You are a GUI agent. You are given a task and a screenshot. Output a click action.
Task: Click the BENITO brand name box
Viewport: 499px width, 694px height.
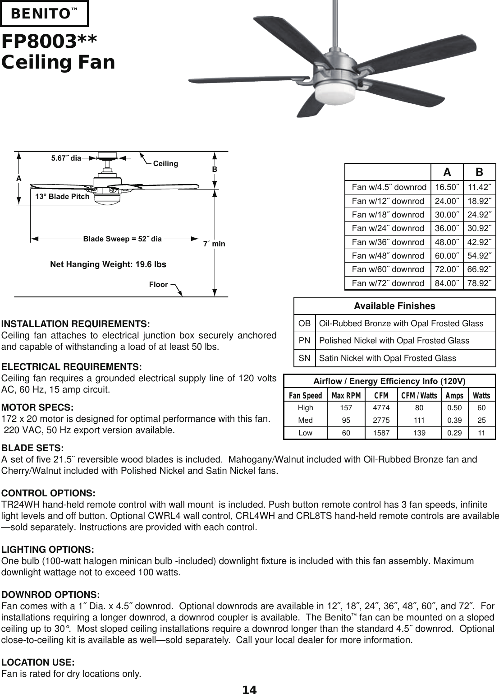[x=44, y=14]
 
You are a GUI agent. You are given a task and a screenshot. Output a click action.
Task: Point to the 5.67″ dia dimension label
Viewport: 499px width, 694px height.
[x=66, y=158]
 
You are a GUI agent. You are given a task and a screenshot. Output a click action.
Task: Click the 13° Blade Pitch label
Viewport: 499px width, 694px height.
[x=62, y=197]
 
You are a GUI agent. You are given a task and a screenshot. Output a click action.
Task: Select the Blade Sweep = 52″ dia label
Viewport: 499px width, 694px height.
[x=122, y=239]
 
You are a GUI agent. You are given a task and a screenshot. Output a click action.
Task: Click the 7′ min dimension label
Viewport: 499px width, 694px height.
[x=214, y=244]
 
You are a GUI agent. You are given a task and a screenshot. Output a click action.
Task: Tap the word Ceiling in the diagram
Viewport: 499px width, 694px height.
[x=165, y=163]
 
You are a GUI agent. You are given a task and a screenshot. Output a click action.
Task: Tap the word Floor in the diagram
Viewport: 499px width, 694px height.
[x=158, y=285]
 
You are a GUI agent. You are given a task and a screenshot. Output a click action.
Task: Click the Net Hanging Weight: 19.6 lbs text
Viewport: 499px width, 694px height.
[x=108, y=264]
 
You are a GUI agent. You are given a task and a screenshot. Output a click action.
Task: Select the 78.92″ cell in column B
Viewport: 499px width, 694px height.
[x=479, y=283]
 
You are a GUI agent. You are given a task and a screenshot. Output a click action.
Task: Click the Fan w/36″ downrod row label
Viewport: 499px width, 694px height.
[x=388, y=242]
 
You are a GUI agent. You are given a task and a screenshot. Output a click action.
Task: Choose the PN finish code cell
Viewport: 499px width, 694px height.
[x=304, y=341]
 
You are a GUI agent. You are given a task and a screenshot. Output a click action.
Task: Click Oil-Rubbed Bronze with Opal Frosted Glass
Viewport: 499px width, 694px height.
[x=401, y=324]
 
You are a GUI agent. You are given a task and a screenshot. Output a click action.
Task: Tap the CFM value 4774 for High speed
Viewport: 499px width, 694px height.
[x=381, y=408]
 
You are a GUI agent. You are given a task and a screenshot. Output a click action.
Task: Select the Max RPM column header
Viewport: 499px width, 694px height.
[x=346, y=396]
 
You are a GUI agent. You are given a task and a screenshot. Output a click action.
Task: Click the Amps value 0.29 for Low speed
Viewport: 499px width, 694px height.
[x=454, y=433]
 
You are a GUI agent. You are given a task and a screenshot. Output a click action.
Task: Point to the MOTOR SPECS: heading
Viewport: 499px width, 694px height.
[x=38, y=408]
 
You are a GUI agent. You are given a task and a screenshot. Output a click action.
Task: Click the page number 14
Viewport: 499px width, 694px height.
[x=249, y=689]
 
